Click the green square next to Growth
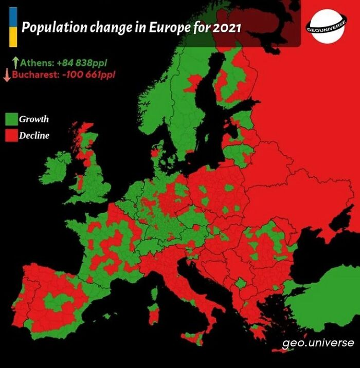click(11, 119)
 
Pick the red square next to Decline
click(11, 136)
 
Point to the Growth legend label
click(34, 119)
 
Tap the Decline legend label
click(34, 136)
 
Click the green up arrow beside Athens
click(15, 63)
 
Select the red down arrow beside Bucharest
click(7, 75)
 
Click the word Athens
click(35, 63)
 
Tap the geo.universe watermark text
click(318, 342)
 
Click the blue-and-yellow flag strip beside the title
click(13, 27)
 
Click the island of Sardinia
click(153, 314)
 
